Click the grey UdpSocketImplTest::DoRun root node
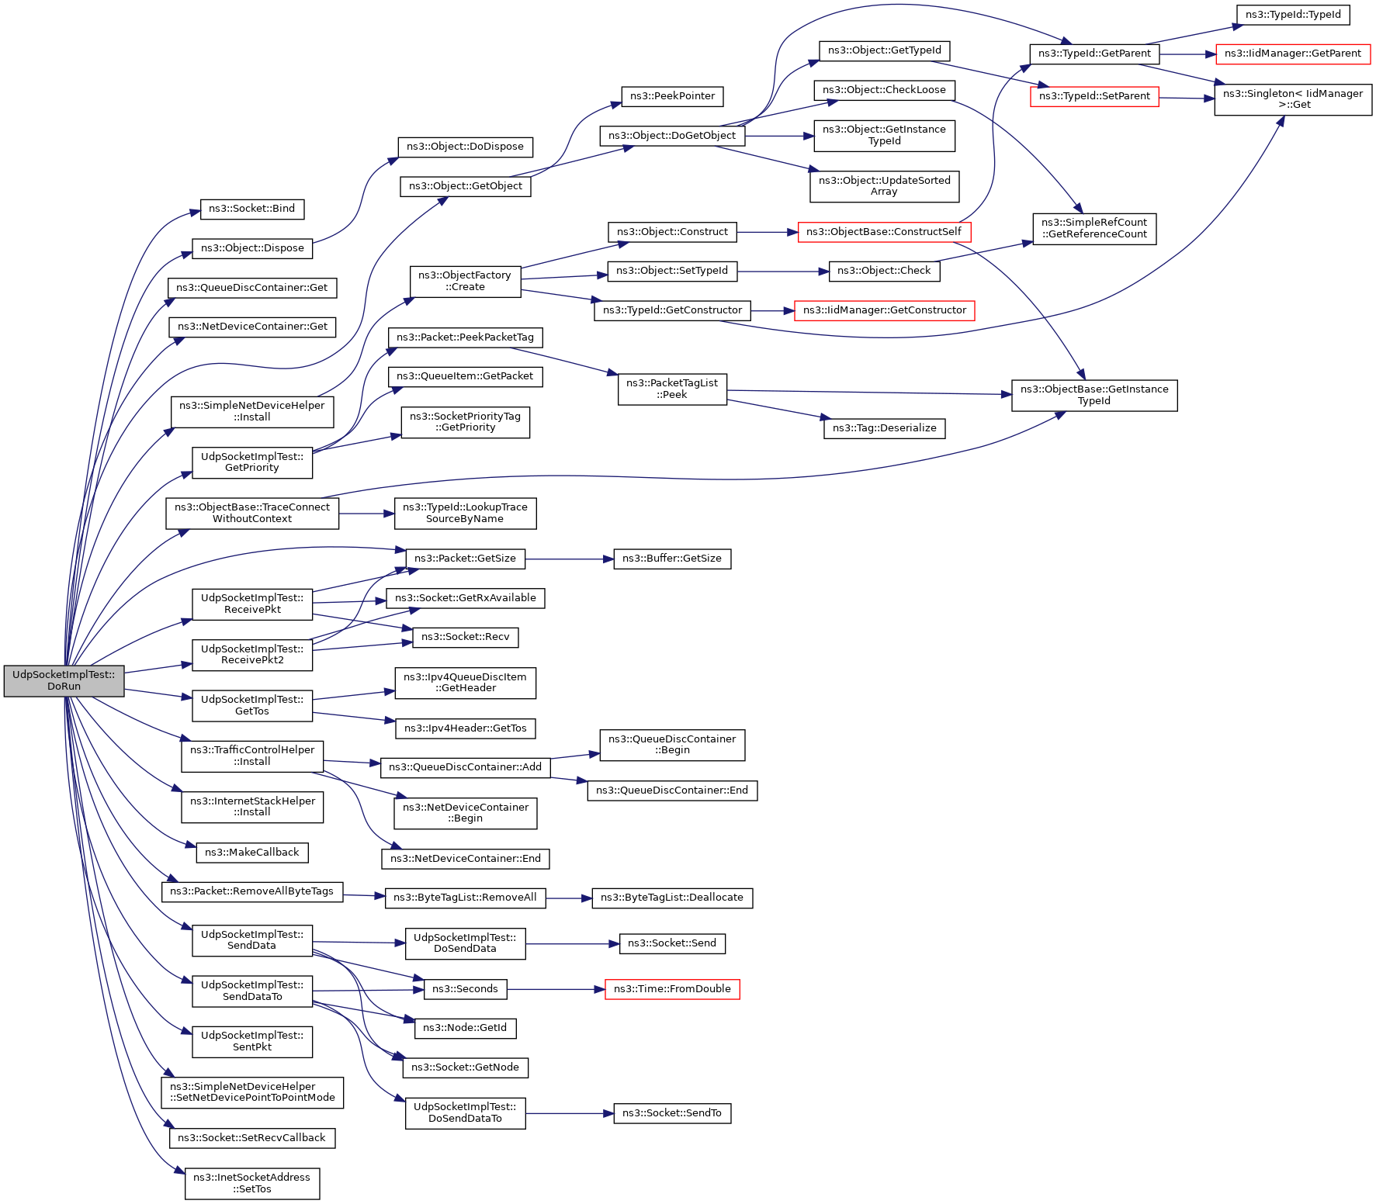(64, 680)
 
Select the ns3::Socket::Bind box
(252, 209)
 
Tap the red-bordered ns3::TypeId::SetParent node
(1094, 96)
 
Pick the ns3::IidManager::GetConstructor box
(885, 310)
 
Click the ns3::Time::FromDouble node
(672, 989)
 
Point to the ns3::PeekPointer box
(672, 96)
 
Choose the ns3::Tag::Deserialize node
(885, 428)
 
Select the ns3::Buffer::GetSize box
(672, 559)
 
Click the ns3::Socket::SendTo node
(672, 1113)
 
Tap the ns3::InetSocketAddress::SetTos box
(252, 1184)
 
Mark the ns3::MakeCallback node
(252, 853)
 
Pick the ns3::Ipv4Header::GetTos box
(466, 728)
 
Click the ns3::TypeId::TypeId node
(1293, 15)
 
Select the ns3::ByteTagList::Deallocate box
(672, 898)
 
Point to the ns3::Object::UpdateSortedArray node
(885, 186)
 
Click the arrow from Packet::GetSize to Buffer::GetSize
(570, 559)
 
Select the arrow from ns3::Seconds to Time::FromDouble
(556, 989)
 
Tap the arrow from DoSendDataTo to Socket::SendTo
(570, 1113)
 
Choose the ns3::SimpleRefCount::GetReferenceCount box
(1094, 229)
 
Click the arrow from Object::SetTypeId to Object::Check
(783, 272)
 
